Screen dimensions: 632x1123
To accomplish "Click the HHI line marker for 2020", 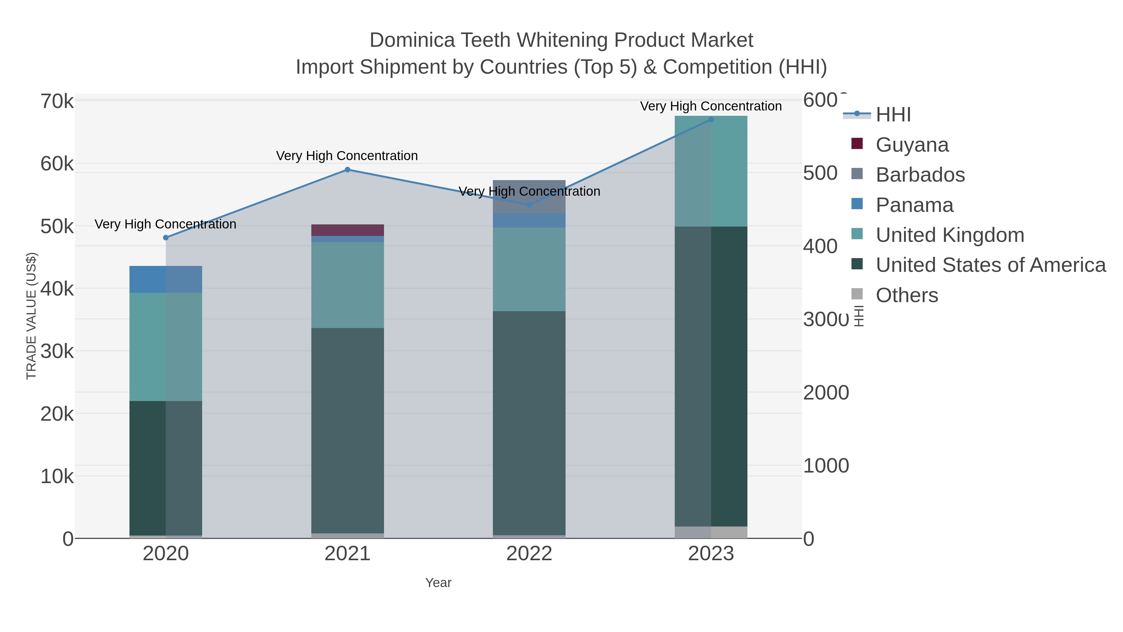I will click(x=166, y=238).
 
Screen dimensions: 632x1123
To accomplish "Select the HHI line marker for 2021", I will click(x=348, y=170).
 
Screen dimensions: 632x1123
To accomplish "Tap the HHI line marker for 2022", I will click(x=529, y=204).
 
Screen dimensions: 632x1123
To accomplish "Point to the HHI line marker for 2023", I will click(x=711, y=120).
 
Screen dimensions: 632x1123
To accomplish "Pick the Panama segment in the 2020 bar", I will click(x=166, y=279).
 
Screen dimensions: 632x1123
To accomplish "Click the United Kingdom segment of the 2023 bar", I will click(x=711, y=171).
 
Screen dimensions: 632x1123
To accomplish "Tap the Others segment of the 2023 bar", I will click(x=711, y=532).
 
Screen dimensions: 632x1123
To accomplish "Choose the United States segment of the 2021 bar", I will click(x=348, y=430).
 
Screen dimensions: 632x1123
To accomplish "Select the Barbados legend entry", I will click(x=920, y=175).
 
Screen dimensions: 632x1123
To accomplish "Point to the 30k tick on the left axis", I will click(x=57, y=351).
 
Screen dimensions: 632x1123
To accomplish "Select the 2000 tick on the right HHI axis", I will click(x=826, y=393).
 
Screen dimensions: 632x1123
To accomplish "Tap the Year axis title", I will click(x=438, y=583).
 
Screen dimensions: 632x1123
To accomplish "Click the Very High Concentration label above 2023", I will click(x=711, y=106).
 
